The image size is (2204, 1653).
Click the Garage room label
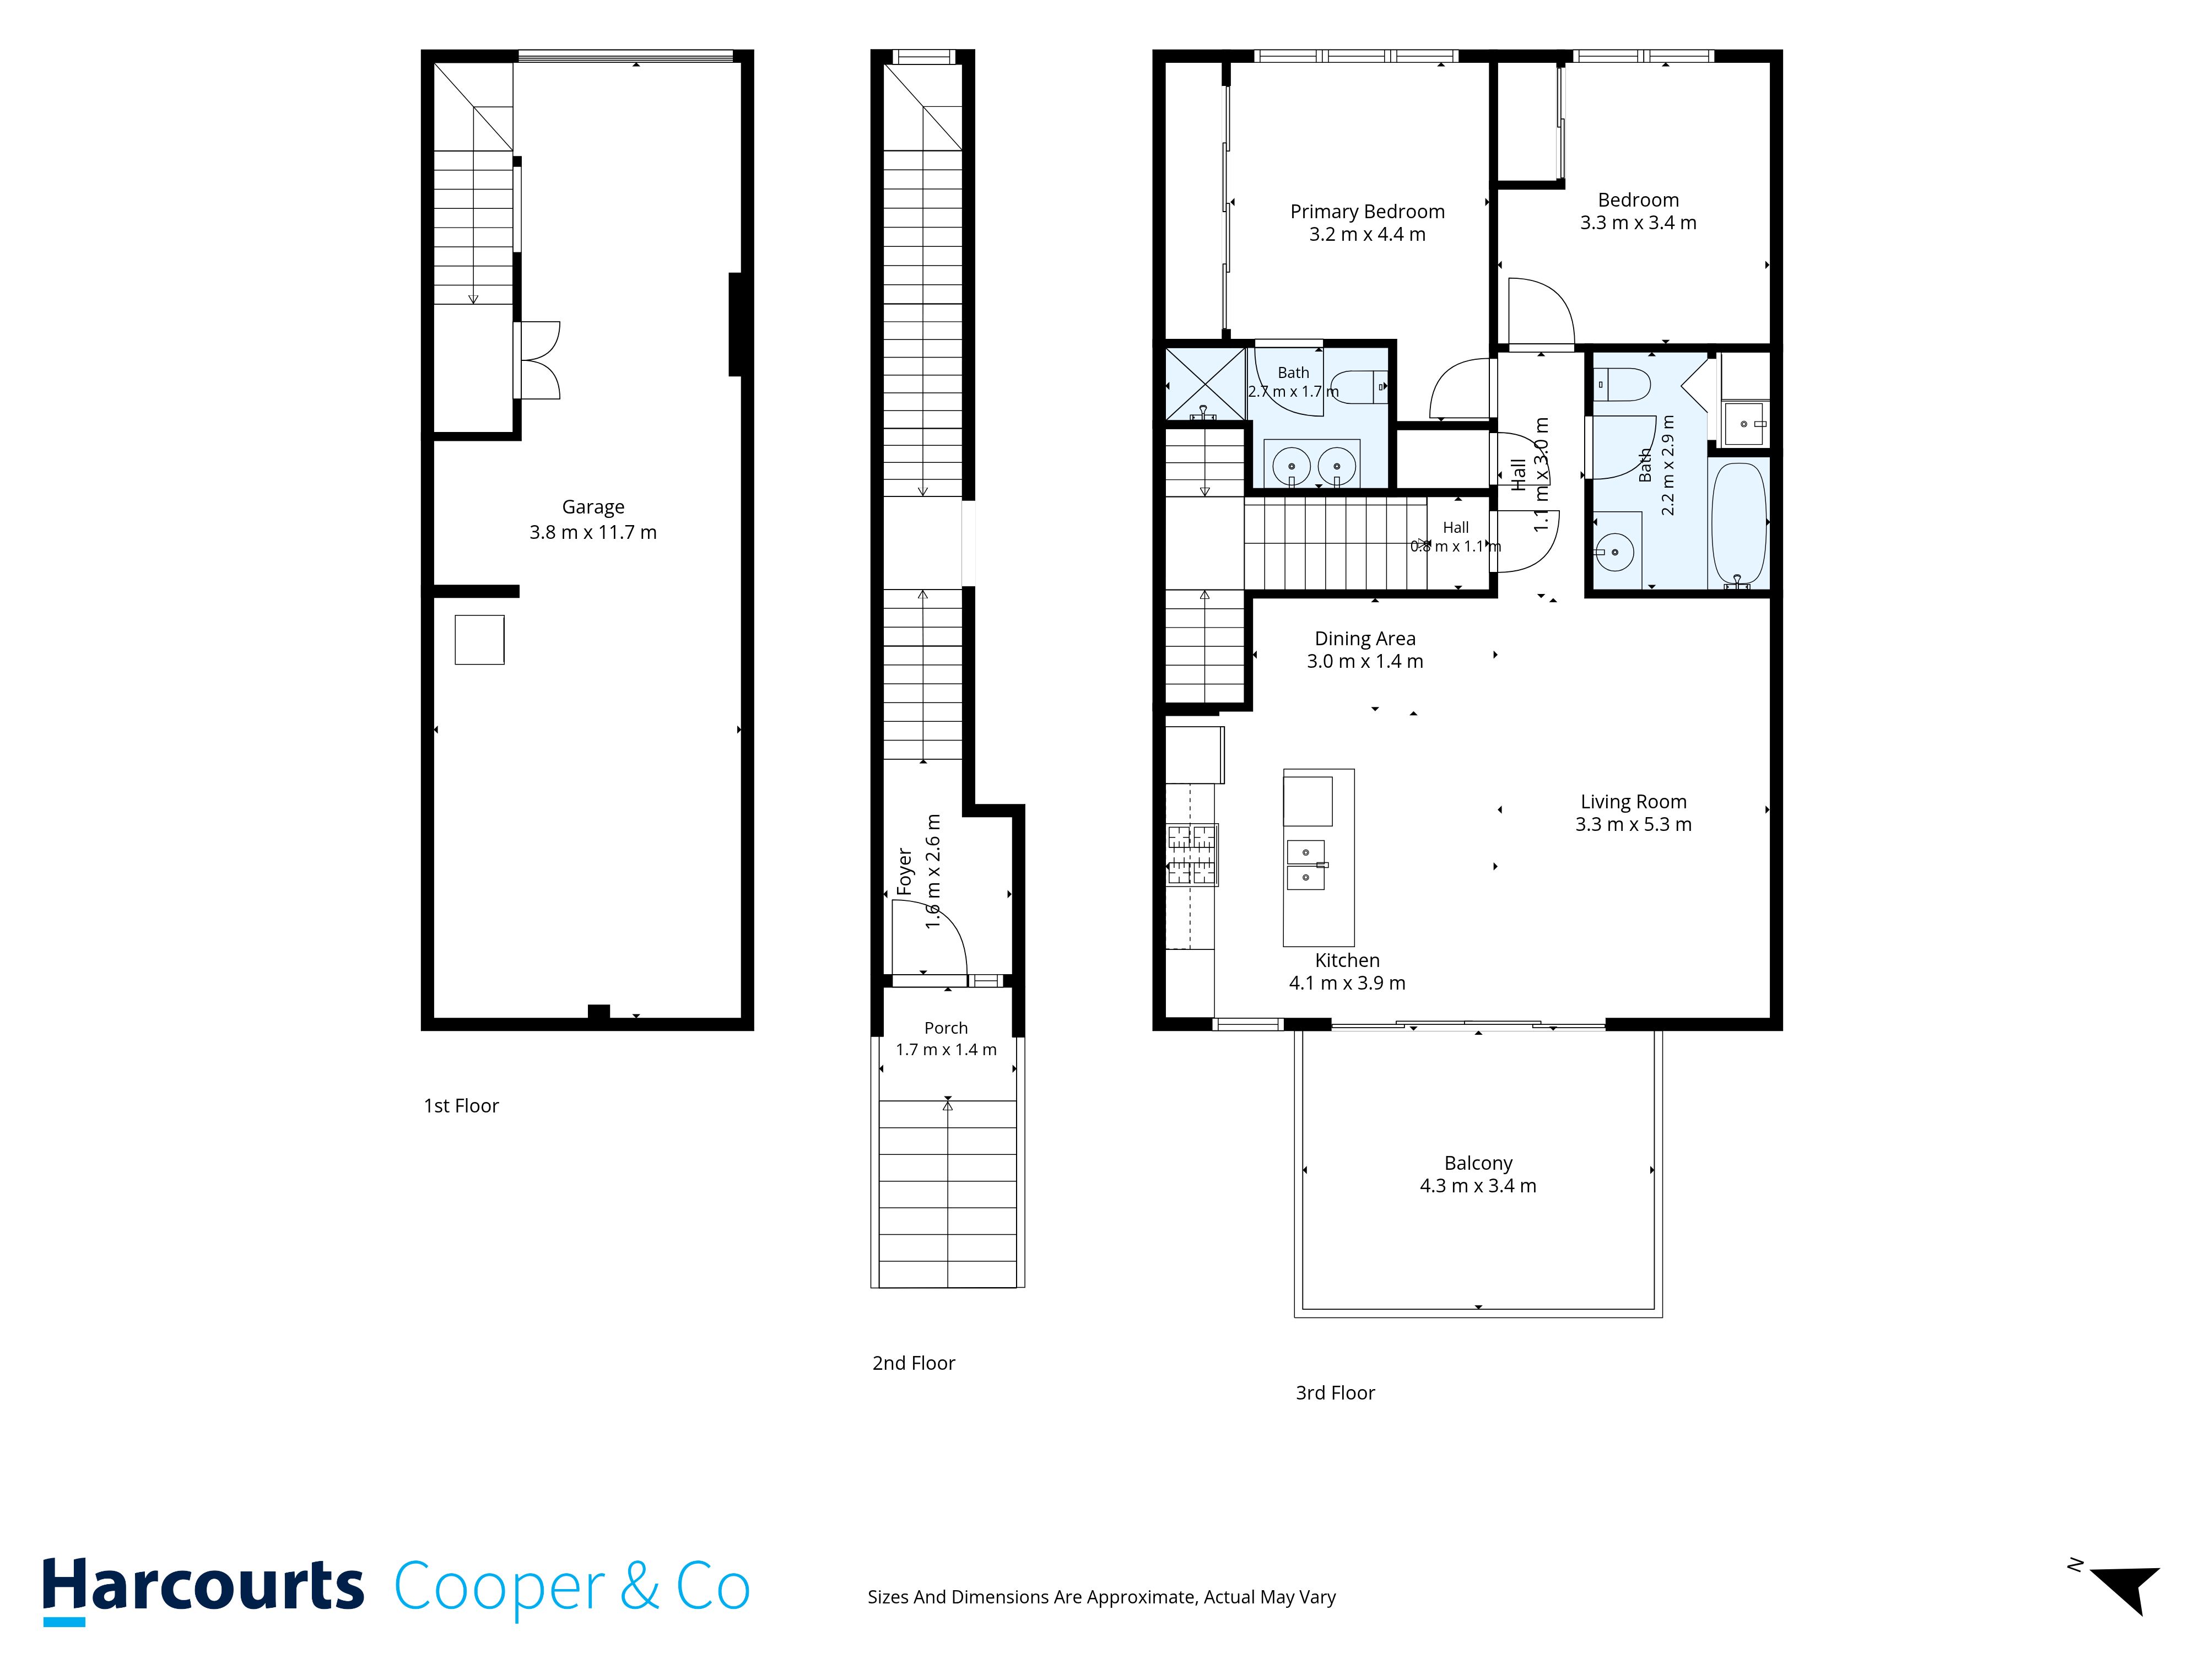593,507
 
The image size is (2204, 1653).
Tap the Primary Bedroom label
1367,211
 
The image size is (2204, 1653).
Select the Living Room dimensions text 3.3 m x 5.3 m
1633,824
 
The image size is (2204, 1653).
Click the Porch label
946,1027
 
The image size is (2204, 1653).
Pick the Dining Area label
1365,639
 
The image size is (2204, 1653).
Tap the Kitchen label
1347,960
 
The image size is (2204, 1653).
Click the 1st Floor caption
461,1106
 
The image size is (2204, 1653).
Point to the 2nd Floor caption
914,1363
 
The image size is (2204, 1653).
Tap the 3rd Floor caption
1335,1393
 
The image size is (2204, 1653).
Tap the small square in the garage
479,640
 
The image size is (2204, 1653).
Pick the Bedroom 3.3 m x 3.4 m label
1638,211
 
